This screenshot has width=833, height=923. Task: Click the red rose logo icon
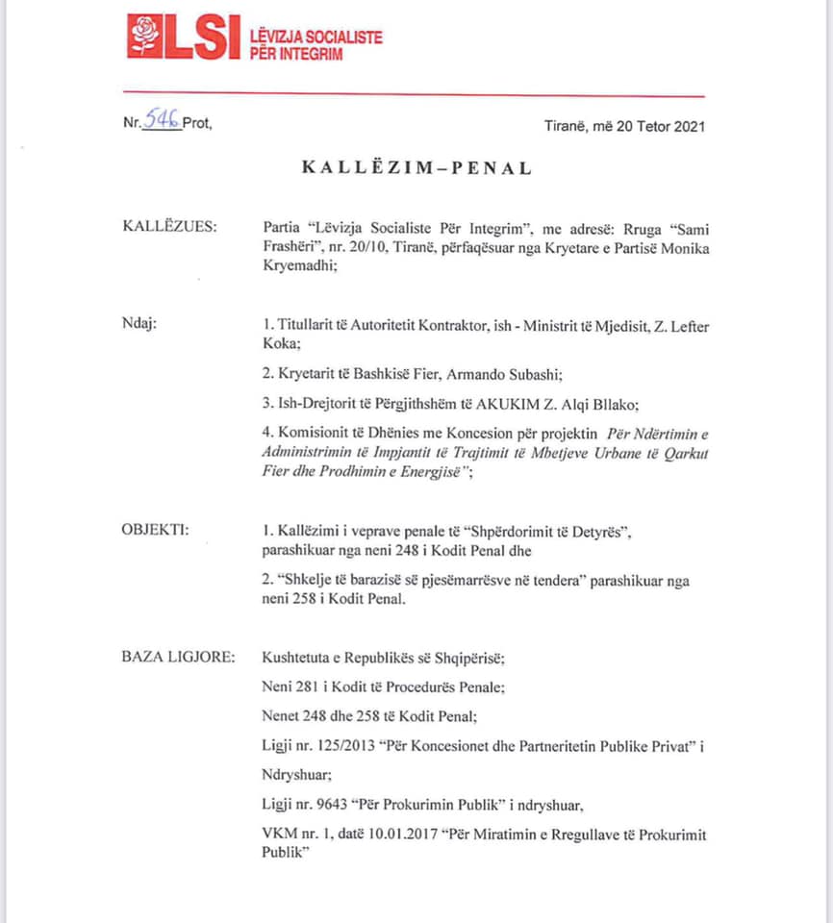[145, 37]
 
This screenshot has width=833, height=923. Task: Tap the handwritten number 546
[162, 121]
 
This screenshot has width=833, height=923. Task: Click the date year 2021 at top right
[687, 126]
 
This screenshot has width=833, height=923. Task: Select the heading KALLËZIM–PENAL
[416, 167]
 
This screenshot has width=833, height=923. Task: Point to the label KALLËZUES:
[169, 226]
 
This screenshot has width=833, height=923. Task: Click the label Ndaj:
[139, 325]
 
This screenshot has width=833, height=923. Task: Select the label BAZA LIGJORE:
[178, 658]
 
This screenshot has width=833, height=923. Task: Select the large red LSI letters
[197, 37]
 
